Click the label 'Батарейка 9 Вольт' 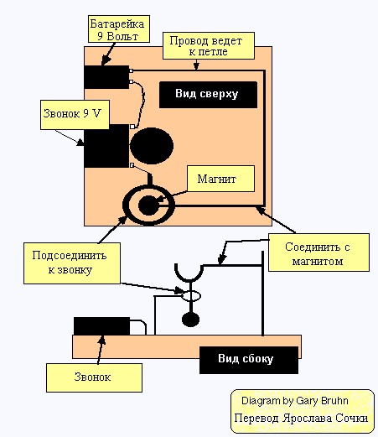coord(119,29)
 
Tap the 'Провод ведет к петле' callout coord(209,46)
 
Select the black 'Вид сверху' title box coord(208,95)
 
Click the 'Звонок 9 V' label coord(75,115)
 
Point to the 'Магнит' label coord(220,179)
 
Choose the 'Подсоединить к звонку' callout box coord(72,263)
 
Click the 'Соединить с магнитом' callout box coord(318,252)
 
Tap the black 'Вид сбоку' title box coord(249,360)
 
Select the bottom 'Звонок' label coord(94,377)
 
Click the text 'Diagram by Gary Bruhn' coord(295,401)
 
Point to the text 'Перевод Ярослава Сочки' coord(301,419)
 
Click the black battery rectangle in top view coord(106,77)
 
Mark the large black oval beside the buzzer coord(152,146)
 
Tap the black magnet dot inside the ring coord(149,205)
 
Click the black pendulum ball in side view coord(190,320)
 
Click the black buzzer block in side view coord(101,325)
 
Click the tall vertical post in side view coord(262,294)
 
